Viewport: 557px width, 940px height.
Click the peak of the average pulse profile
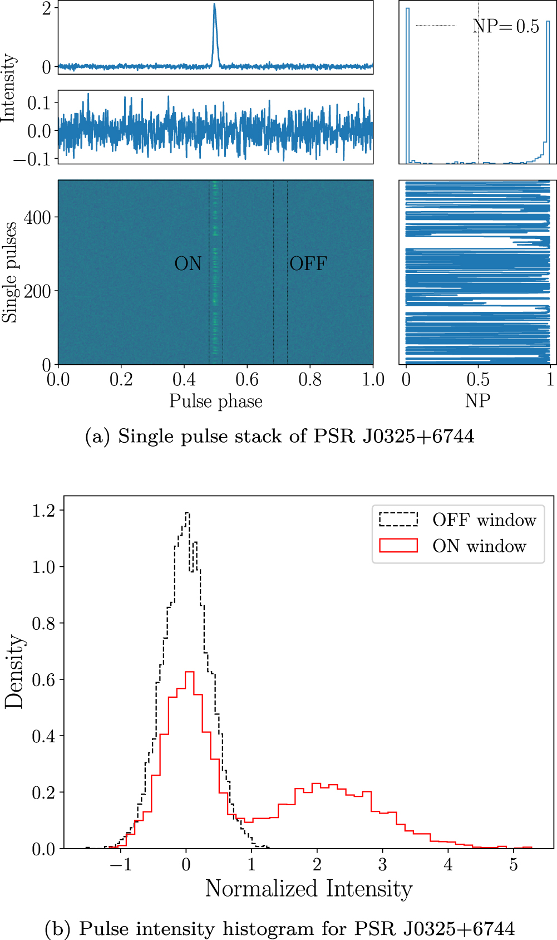pyautogui.click(x=214, y=5)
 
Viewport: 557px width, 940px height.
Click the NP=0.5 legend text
pyautogui.click(x=505, y=26)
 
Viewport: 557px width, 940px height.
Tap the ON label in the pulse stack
pyautogui.click(x=188, y=263)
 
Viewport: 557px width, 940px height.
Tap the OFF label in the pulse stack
pyautogui.click(x=308, y=263)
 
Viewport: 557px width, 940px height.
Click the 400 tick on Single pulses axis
pyautogui.click(x=38, y=218)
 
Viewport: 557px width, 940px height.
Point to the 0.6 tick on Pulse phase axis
pyautogui.click(x=247, y=380)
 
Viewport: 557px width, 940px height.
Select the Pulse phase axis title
pyautogui.click(x=216, y=402)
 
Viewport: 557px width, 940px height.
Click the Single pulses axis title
pyautogui.click(x=10, y=272)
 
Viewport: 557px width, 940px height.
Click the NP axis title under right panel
pyautogui.click(x=477, y=401)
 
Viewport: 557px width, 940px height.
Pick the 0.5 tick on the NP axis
pyautogui.click(x=478, y=380)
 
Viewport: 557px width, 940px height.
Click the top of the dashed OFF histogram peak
pyautogui.click(x=187, y=513)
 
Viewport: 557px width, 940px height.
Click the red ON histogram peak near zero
pyautogui.click(x=189, y=673)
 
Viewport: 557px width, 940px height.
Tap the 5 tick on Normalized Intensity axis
pyautogui.click(x=513, y=864)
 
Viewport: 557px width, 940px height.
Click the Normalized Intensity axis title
pyautogui.click(x=309, y=889)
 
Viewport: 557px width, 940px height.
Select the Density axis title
pyautogui.click(x=14, y=671)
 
